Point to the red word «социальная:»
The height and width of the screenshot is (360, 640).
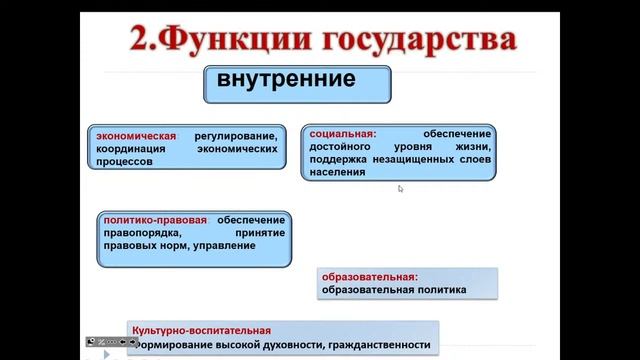click(342, 133)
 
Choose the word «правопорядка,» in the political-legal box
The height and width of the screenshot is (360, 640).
click(139, 233)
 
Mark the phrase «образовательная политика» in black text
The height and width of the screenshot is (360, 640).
click(394, 292)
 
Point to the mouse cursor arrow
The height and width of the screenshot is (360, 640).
click(400, 188)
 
